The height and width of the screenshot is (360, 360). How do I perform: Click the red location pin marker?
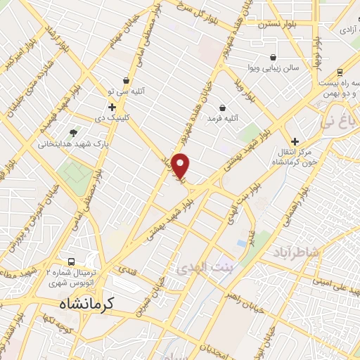[181, 167]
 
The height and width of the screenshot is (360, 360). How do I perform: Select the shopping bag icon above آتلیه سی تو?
[126, 81]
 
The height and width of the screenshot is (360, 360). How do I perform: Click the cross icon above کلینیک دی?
[112, 107]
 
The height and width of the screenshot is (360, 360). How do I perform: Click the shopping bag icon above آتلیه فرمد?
[223, 108]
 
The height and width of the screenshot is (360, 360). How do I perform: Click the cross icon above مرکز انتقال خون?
[295, 141]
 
